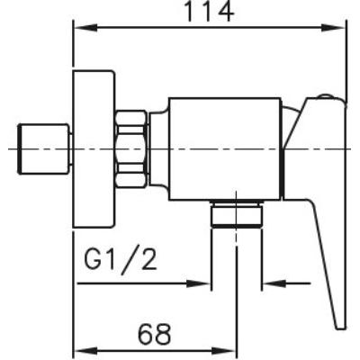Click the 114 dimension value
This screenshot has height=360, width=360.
click(208, 12)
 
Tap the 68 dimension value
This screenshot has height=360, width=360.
click(155, 334)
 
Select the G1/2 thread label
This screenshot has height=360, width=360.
click(121, 260)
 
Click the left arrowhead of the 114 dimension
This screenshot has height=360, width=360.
click(86, 28)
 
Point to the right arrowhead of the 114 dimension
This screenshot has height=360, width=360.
click(333, 28)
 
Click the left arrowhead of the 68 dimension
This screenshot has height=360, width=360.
click(86, 350)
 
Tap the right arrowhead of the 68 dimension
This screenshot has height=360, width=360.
click(224, 350)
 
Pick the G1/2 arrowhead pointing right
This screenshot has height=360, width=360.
click(198, 283)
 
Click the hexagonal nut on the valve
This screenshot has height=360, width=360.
click(131, 149)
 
